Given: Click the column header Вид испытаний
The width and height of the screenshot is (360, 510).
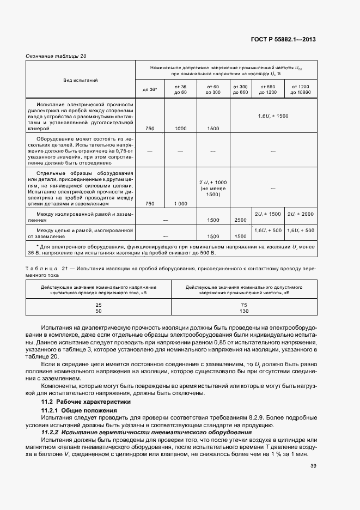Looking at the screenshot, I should click(81, 80).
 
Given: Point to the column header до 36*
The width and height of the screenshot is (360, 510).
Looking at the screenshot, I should click(150, 89).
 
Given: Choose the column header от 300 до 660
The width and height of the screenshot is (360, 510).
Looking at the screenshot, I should click(240, 89).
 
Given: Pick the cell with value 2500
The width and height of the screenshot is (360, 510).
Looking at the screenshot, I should click(240, 220).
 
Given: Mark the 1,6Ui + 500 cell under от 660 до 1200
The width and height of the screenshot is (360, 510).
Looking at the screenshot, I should click(268, 230).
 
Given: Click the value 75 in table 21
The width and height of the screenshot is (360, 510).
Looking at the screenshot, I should click(243, 305).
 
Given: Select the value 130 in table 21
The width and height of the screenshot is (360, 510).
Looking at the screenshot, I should click(243, 311).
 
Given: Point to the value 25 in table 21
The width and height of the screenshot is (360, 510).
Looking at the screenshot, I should click(99, 305).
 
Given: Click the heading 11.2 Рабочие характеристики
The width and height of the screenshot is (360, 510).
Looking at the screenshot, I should click(86, 402).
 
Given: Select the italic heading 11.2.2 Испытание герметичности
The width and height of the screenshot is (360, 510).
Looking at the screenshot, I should click(146, 432).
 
